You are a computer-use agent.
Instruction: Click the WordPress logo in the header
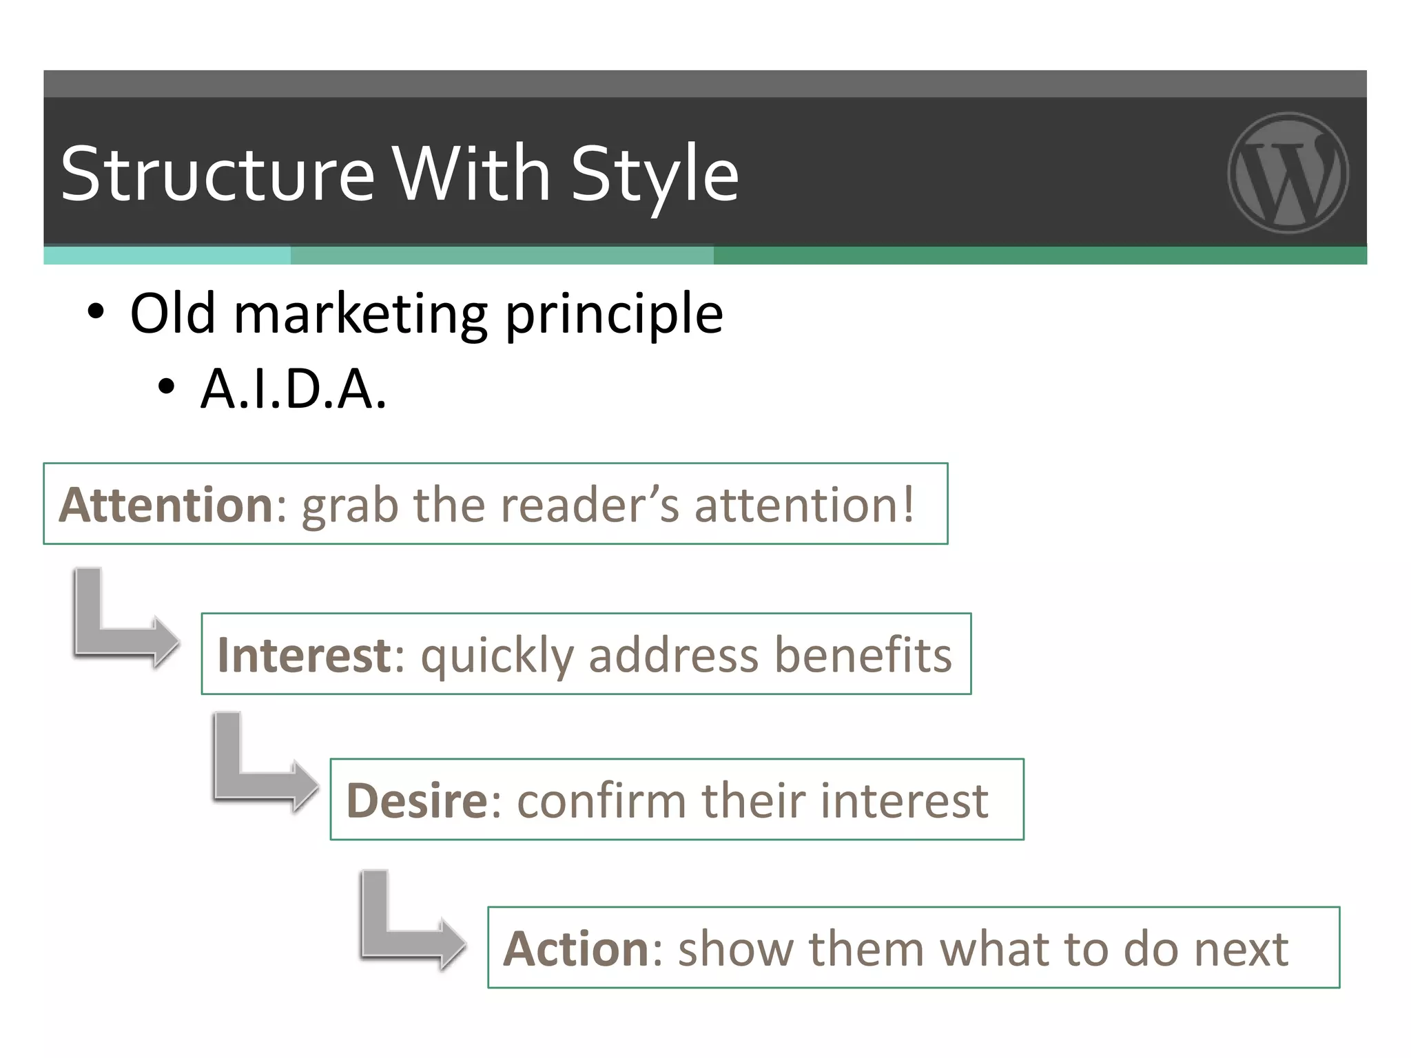pos(1288,172)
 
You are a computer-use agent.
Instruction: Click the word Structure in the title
pos(217,174)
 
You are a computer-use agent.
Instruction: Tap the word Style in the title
pos(655,174)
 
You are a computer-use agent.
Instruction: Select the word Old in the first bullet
pos(172,313)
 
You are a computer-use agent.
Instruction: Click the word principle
pos(614,315)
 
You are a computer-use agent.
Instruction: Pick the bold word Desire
pos(417,800)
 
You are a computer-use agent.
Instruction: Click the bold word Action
pos(575,948)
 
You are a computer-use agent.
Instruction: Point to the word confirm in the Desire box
pos(601,800)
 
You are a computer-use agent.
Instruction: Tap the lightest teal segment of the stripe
pos(167,256)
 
